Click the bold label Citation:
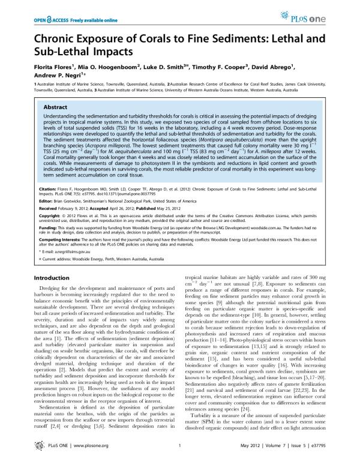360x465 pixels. (48, 206)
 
